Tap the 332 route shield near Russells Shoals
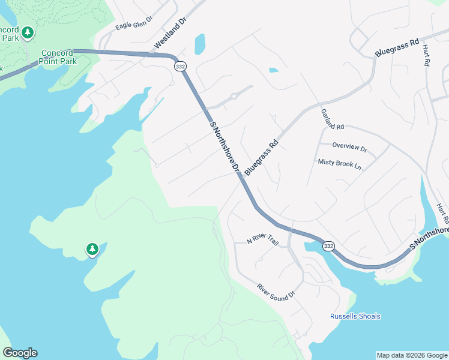(x=328, y=246)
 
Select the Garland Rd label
(x=332, y=119)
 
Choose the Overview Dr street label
(x=349, y=147)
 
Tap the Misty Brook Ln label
(x=340, y=163)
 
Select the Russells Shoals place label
(x=355, y=316)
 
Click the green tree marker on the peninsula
(x=92, y=248)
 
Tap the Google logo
(x=20, y=353)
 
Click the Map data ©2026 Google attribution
(x=411, y=355)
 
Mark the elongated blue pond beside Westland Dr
(x=199, y=44)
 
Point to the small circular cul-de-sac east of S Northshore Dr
(x=234, y=97)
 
